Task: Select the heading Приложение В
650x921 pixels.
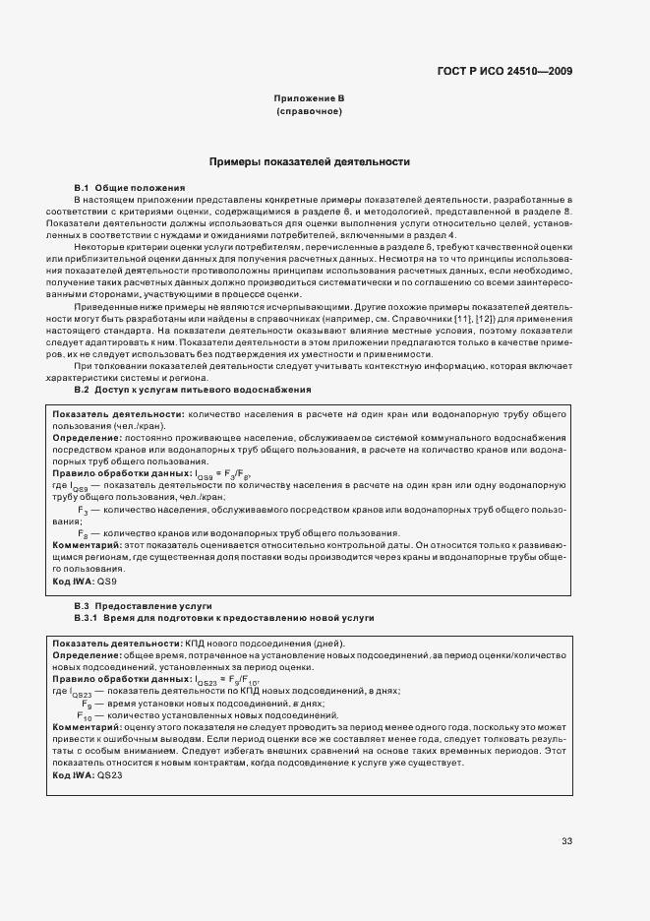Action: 309,99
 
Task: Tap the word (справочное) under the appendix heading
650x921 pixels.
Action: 309,112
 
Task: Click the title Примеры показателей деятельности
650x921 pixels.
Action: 309,160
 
